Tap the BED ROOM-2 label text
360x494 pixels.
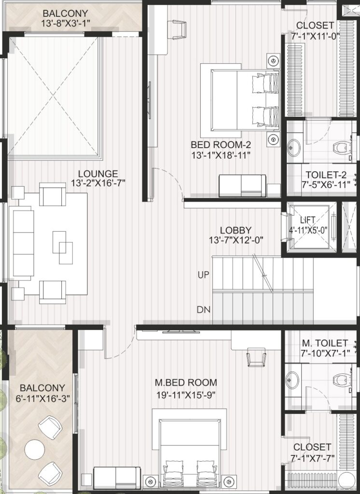[221, 145]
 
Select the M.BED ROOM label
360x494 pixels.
[186, 383]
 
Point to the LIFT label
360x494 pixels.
[308, 220]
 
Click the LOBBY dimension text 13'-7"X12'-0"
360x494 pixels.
[236, 240]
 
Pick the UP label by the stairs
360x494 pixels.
[203, 274]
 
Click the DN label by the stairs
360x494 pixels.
[203, 310]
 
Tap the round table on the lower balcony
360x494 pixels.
[35, 450]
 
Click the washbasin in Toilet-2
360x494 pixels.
[294, 147]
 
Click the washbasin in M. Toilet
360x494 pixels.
[292, 380]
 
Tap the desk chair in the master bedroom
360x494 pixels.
[256, 357]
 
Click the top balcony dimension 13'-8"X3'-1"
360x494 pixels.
[66, 23]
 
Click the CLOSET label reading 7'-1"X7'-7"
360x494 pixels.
[312, 452]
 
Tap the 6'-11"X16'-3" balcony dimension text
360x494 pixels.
[42, 398]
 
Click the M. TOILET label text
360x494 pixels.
[325, 343]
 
